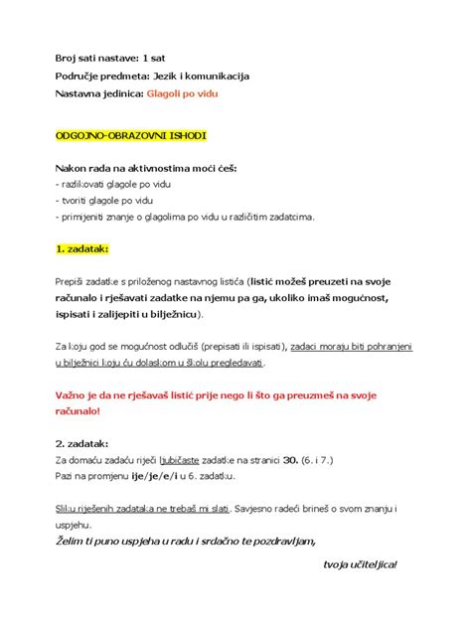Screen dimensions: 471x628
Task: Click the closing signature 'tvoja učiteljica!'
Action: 360,564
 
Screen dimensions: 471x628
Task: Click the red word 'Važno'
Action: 74,393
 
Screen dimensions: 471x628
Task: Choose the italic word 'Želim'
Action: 72,542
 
